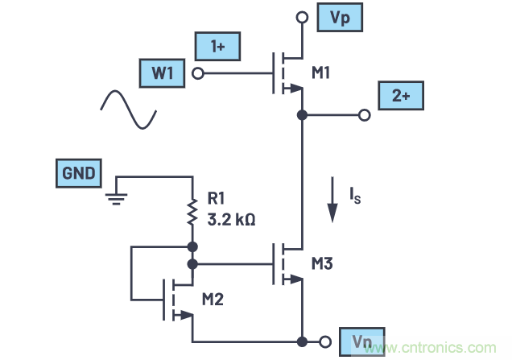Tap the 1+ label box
tap(217, 47)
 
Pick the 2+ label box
tap(401, 97)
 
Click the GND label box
tap(78, 173)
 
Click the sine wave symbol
tap(127, 110)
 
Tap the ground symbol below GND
tap(117, 196)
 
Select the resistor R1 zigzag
tap(193, 213)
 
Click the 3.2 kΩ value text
tap(231, 219)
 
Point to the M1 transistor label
tap(321, 74)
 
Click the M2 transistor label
tap(213, 300)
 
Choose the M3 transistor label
tap(322, 264)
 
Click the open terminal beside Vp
tap(302, 17)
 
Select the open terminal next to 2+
tap(365, 115)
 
